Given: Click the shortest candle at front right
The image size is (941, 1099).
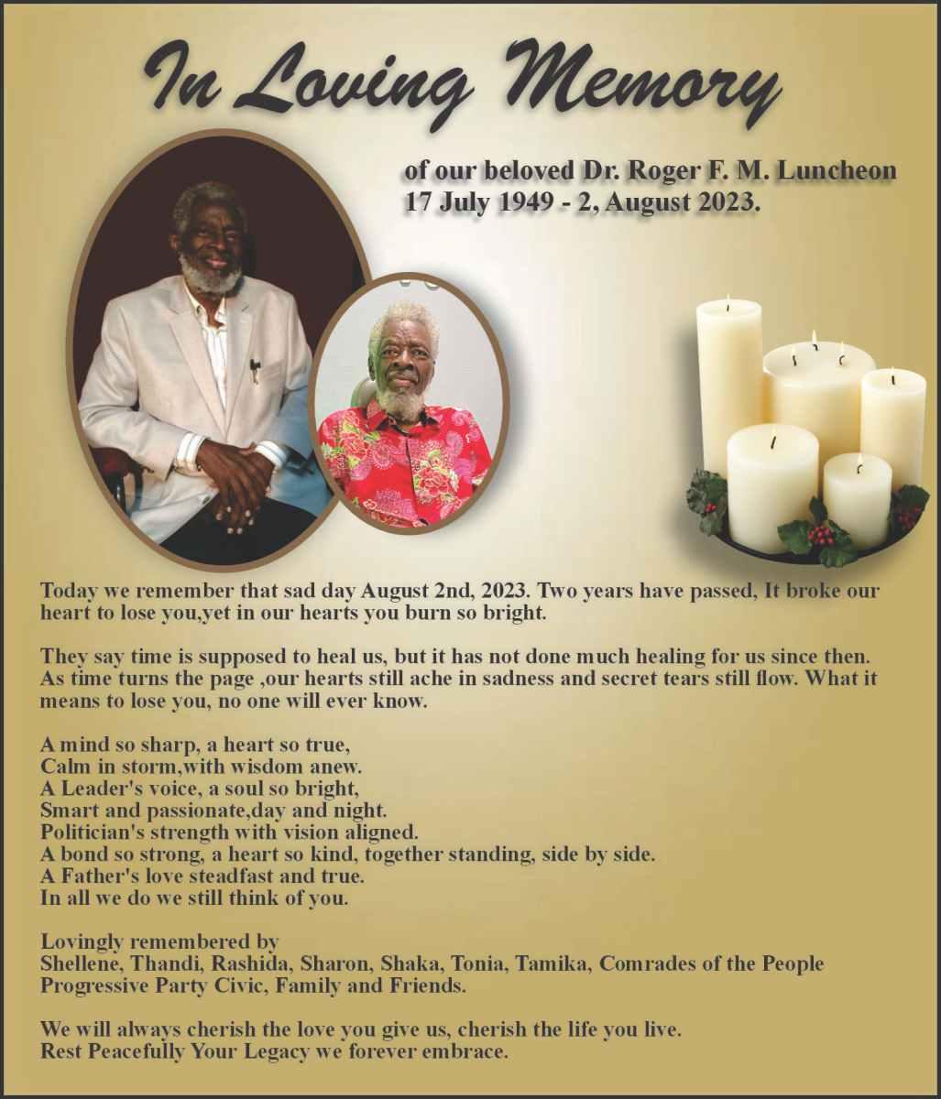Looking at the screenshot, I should tap(857, 499).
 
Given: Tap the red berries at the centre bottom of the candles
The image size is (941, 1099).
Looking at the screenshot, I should tap(820, 534).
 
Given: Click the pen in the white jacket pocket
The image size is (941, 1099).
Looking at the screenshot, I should tap(255, 370).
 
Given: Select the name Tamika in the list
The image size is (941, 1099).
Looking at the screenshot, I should tap(552, 963).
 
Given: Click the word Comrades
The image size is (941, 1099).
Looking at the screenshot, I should tap(647, 963).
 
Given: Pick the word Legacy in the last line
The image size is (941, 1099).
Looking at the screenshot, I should tap(277, 1051).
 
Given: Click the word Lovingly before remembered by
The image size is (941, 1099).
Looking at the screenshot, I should tap(82, 941).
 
